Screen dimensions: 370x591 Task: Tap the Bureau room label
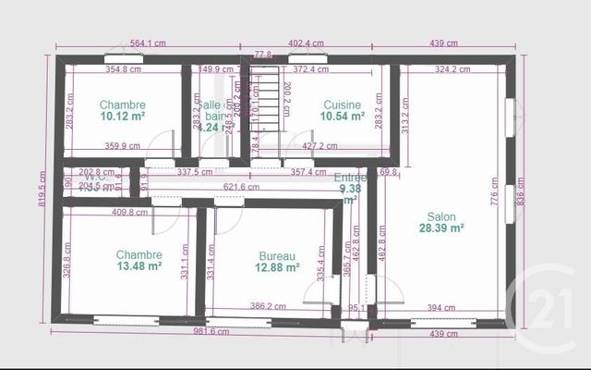click(x=277, y=255)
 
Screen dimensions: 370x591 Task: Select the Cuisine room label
click(x=342, y=105)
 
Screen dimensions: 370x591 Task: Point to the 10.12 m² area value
click(x=123, y=117)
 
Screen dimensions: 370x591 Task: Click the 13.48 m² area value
click(x=139, y=266)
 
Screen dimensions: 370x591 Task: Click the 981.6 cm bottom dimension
click(x=211, y=331)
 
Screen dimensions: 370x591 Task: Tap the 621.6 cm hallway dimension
click(x=240, y=187)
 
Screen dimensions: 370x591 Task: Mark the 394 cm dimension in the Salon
click(x=441, y=307)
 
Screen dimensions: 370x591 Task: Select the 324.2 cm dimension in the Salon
click(x=453, y=68)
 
